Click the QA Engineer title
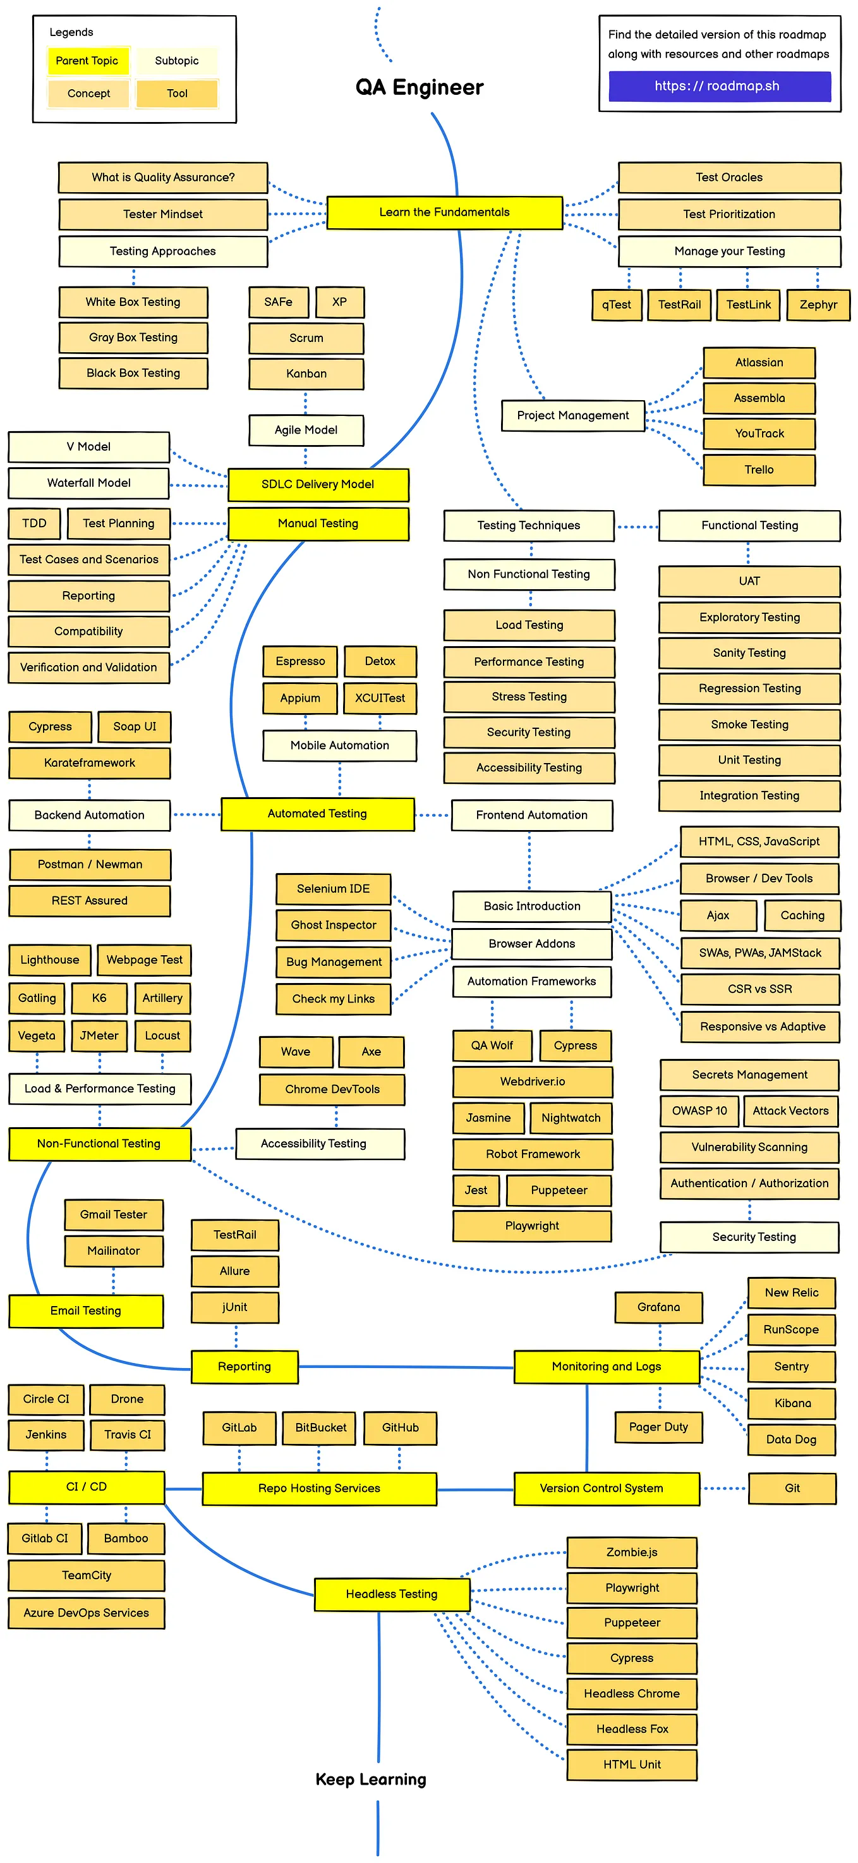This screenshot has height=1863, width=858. pyautogui.click(x=420, y=87)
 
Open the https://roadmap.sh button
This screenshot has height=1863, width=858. pyautogui.click(x=718, y=86)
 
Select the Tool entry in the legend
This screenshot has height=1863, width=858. pyautogui.click(x=177, y=94)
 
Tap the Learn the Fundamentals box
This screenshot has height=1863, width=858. pyautogui.click(x=445, y=212)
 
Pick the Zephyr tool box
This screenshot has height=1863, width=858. pyautogui.click(x=818, y=305)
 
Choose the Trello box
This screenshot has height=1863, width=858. pyautogui.click(x=759, y=469)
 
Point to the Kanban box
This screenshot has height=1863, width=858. pyautogui.click(x=306, y=374)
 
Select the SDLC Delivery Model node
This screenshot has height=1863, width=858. pyautogui.click(x=318, y=484)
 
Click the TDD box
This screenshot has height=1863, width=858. pyautogui.click(x=34, y=523)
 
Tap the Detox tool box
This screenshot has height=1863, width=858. pyautogui.click(x=380, y=661)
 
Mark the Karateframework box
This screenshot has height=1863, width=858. pyautogui.click(x=90, y=763)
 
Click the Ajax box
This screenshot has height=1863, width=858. pyautogui.click(x=718, y=915)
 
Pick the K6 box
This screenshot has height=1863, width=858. pyautogui.click(x=99, y=998)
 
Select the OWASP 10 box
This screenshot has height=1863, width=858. pyautogui.click(x=699, y=1111)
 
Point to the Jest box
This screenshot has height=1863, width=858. pyautogui.click(x=476, y=1190)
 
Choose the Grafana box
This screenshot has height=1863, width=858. pyautogui.click(x=658, y=1307)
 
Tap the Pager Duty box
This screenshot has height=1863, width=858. pyautogui.click(x=658, y=1427)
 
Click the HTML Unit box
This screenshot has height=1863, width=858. pyautogui.click(x=632, y=1764)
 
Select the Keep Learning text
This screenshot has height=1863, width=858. pyautogui.click(x=371, y=1779)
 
